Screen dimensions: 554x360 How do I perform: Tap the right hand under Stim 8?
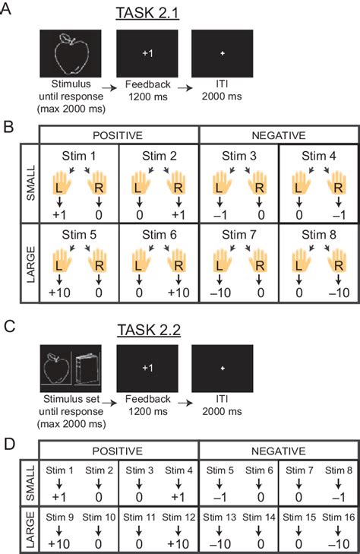[x=337, y=264]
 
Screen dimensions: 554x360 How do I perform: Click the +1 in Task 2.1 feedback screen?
[x=147, y=52]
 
